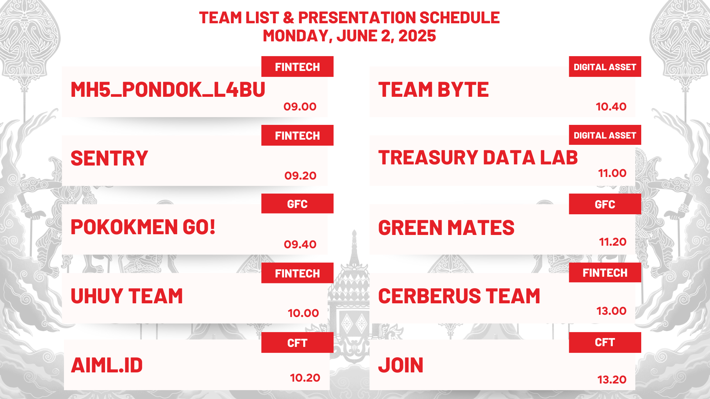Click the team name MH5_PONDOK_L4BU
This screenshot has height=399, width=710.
[168, 90]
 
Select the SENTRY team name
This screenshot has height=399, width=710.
[109, 158]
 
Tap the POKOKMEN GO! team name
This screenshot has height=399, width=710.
[143, 227]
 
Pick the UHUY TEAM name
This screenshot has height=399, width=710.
[126, 296]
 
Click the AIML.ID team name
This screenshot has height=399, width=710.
[106, 365]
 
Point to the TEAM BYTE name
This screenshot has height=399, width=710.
[433, 90]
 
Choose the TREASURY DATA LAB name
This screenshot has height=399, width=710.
[478, 158]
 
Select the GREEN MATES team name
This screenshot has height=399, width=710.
[446, 228]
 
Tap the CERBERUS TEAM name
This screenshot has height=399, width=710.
[459, 296]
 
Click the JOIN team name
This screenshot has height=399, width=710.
[400, 365]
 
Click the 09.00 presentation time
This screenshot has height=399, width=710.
[300, 107]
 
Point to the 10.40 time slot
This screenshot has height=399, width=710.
[611, 107]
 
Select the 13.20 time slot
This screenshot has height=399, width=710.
[612, 380]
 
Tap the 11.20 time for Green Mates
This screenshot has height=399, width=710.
[613, 242]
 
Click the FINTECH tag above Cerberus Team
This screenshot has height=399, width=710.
[605, 273]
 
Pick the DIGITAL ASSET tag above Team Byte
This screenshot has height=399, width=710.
[605, 67]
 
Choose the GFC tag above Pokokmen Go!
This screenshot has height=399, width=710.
[297, 204]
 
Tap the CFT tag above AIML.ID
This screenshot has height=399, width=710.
[297, 343]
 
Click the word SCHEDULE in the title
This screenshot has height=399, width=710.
[460, 18]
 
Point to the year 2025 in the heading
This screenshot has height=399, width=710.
[417, 36]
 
